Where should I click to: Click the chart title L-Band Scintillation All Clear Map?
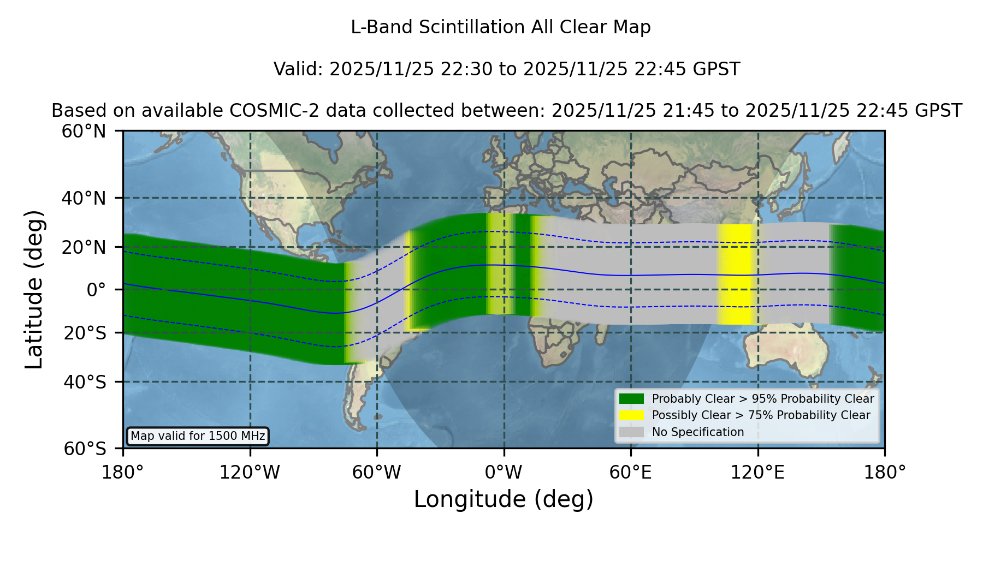pyautogui.click(x=501, y=27)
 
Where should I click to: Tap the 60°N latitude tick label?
pyautogui.click(x=84, y=132)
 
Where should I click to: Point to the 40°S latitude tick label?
pyautogui.click(x=85, y=382)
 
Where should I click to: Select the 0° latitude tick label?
pyautogui.click(x=96, y=290)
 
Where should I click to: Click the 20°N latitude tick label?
pyautogui.click(x=84, y=247)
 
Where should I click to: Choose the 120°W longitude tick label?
pyautogui.click(x=250, y=472)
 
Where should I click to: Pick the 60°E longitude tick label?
pyautogui.click(x=631, y=472)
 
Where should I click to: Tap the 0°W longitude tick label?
pyautogui.click(x=504, y=472)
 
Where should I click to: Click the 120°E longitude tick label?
pyautogui.click(x=757, y=472)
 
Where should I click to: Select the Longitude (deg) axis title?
pyautogui.click(x=504, y=499)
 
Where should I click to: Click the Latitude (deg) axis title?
pyautogui.click(x=34, y=289)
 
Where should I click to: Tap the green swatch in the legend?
pyautogui.click(x=632, y=399)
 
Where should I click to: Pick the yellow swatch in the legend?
pyautogui.click(x=632, y=415)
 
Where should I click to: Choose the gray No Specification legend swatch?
pyautogui.click(x=632, y=432)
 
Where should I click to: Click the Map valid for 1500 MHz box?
pyautogui.click(x=198, y=436)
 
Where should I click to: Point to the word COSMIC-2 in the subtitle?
pyautogui.click(x=260, y=111)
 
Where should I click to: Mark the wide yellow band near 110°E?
pyautogui.click(x=736, y=274)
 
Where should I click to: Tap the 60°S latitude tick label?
pyautogui.click(x=85, y=449)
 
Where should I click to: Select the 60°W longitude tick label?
pyautogui.click(x=376, y=472)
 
